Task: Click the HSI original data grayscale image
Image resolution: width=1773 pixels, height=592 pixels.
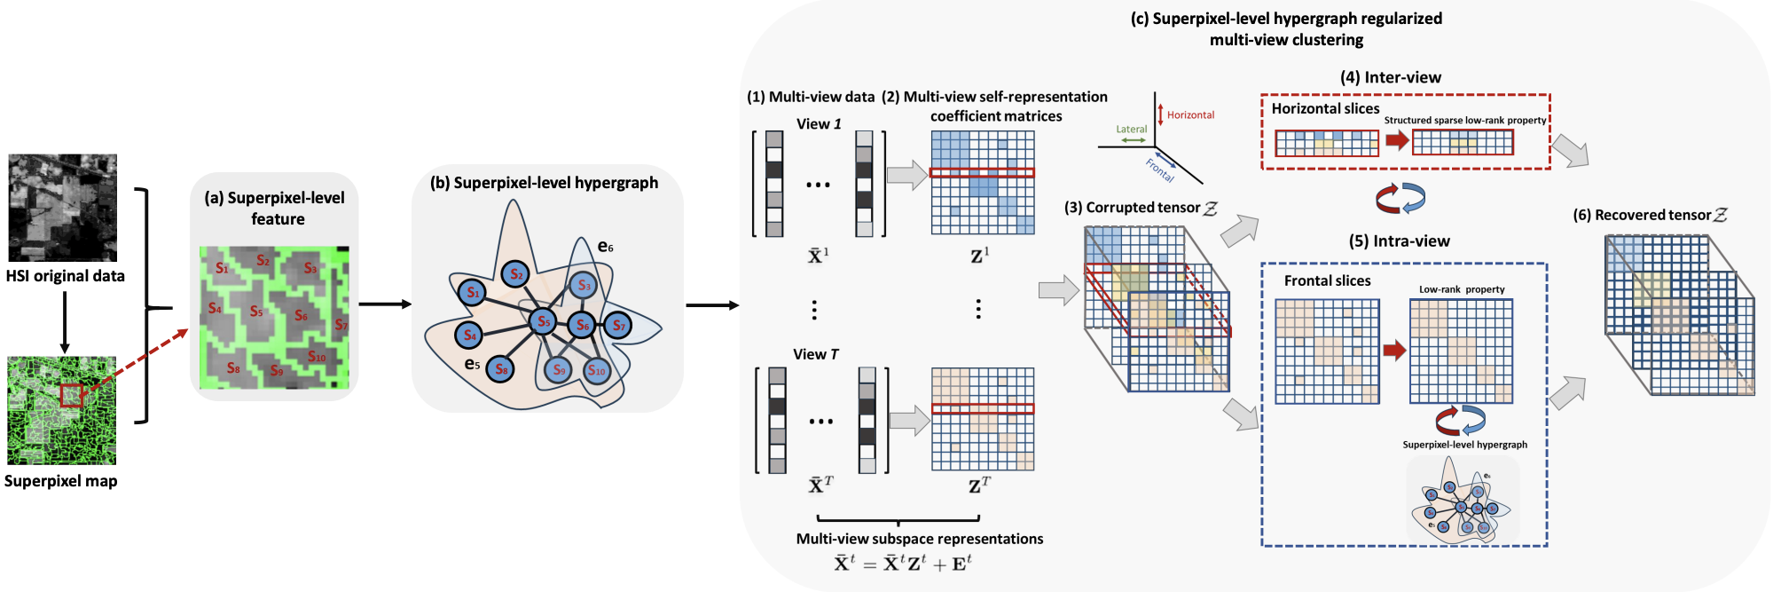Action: (x=62, y=208)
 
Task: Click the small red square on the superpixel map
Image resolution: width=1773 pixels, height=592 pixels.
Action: (x=72, y=396)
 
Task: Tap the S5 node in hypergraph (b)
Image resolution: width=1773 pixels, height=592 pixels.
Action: (x=543, y=321)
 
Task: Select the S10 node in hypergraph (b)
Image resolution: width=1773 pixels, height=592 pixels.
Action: (x=597, y=370)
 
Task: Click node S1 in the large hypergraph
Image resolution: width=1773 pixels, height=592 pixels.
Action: (x=473, y=292)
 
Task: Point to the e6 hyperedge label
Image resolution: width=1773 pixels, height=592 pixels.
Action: (x=605, y=247)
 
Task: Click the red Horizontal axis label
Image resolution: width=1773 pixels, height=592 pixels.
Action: (x=1190, y=115)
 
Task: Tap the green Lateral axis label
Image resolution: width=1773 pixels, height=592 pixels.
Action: (x=1131, y=130)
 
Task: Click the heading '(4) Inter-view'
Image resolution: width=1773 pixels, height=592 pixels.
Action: (x=1390, y=77)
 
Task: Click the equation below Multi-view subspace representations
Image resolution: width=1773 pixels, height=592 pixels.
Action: (x=902, y=564)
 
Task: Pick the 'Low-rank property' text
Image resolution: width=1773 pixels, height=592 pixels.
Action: (x=1461, y=289)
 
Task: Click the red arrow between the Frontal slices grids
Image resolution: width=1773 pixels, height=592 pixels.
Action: (x=1394, y=351)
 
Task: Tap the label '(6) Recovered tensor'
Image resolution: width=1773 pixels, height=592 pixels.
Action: (x=1649, y=215)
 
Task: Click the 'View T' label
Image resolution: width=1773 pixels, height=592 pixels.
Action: (x=815, y=354)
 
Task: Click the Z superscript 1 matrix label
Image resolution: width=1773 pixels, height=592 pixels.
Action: (x=979, y=256)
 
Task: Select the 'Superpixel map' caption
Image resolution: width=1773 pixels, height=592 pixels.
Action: (x=60, y=481)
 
